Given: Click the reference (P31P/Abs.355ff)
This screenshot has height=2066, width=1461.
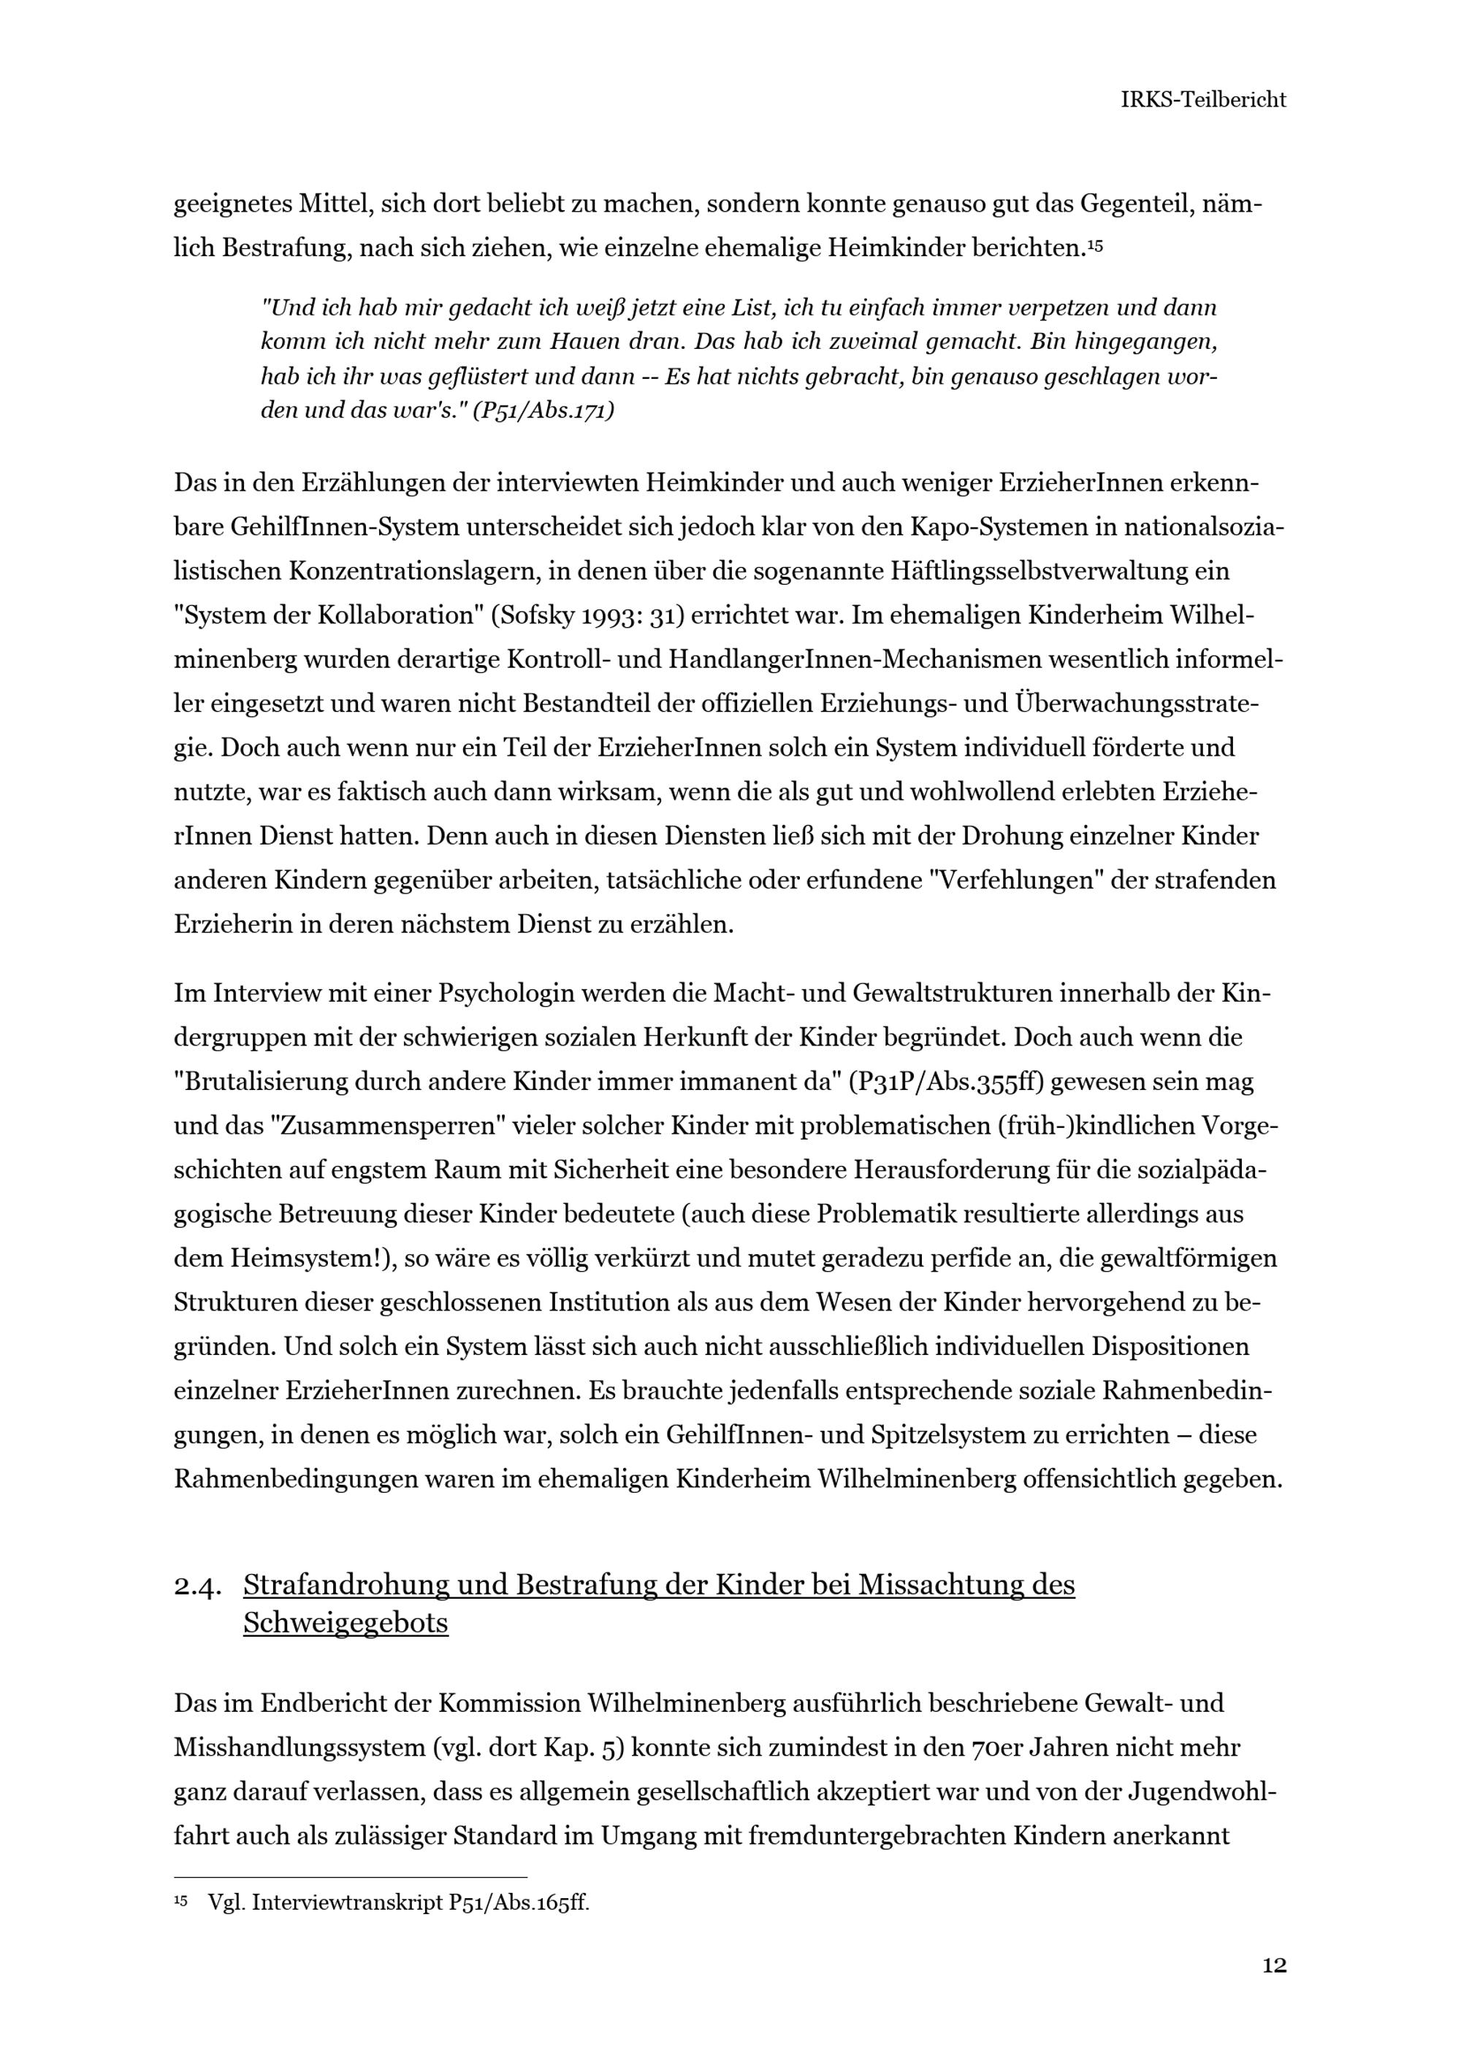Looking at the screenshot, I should pyautogui.click(x=945, y=1083).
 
